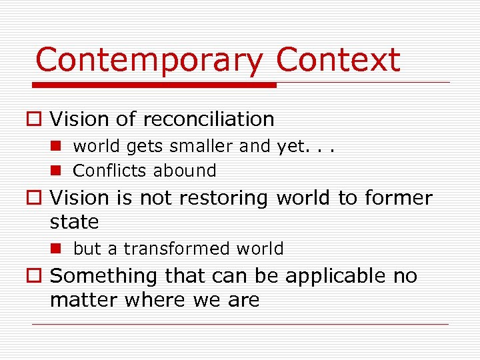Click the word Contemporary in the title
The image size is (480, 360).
click(x=149, y=61)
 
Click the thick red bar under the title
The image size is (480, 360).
click(x=155, y=85)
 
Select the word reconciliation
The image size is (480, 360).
click(x=208, y=119)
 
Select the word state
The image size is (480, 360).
click(x=74, y=221)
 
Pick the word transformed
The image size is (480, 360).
click(x=176, y=249)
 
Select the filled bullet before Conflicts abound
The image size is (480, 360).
click(x=59, y=171)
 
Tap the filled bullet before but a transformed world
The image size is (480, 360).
click(x=59, y=249)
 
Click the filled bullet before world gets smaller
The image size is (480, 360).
click(x=59, y=146)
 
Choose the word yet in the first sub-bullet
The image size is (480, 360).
click(x=290, y=147)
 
